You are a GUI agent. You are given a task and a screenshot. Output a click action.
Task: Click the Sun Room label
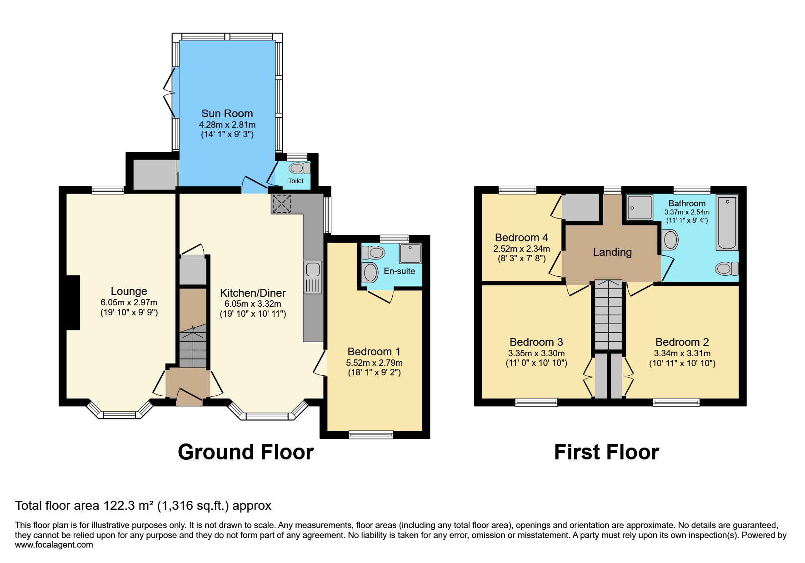coord(227,114)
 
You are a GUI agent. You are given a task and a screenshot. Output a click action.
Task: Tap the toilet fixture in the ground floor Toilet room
coord(300,168)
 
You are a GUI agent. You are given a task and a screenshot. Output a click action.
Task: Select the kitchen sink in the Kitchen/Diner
coord(313,277)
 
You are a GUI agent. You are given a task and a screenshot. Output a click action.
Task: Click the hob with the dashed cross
coord(281,204)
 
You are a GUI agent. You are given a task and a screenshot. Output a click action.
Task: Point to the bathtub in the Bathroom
coord(727,223)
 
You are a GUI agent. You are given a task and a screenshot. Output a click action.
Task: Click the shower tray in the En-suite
coord(410,254)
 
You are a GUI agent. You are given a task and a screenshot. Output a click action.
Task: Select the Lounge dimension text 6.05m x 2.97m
coord(129,303)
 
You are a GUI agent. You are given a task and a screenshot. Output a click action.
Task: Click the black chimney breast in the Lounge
coord(73,303)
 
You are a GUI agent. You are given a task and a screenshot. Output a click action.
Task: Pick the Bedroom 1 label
coord(374,352)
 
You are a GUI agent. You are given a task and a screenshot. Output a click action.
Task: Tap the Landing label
coord(612,252)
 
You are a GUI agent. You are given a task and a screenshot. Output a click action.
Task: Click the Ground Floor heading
coord(245,452)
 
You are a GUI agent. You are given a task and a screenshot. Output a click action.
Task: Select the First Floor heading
coord(606,452)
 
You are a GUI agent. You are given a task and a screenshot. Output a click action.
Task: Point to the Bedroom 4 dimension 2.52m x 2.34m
coord(521,249)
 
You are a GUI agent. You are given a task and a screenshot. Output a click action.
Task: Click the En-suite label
coord(399,271)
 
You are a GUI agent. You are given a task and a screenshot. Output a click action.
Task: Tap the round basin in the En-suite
coord(371,273)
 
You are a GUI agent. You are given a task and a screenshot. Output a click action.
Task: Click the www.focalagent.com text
coord(54,545)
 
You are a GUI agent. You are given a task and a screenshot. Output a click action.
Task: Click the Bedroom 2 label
coord(682,342)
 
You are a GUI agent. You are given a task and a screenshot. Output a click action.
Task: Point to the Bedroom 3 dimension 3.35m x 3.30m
coord(536,354)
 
